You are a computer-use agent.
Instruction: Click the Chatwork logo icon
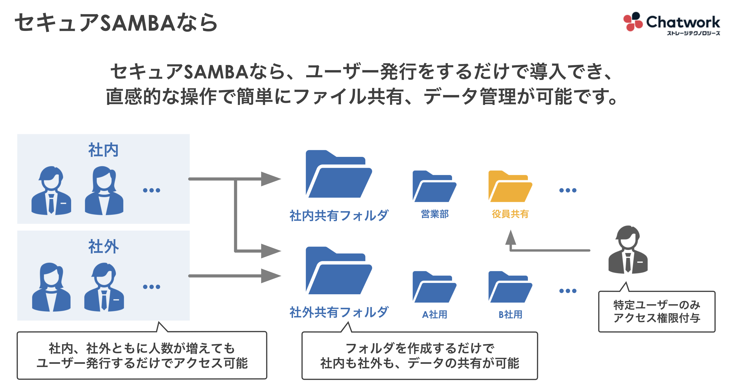pyautogui.click(x=633, y=22)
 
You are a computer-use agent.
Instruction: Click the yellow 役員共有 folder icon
pyautogui.click(x=510, y=187)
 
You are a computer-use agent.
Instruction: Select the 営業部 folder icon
pyautogui.click(x=434, y=187)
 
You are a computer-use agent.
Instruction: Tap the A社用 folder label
pyautogui.click(x=434, y=315)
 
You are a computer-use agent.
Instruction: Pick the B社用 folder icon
pyautogui.click(x=510, y=288)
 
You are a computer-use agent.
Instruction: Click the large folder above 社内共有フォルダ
pyautogui.click(x=338, y=175)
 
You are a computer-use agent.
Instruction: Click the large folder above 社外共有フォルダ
pyautogui.click(x=338, y=272)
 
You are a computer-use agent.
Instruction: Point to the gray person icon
pyautogui.click(x=628, y=250)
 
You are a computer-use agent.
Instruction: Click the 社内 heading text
pyautogui.click(x=103, y=150)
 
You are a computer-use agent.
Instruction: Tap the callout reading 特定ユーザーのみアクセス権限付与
pyautogui.click(x=656, y=311)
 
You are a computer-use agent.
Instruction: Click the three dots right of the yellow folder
pyautogui.click(x=567, y=190)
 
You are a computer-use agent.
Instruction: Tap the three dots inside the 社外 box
pyautogui.click(x=151, y=287)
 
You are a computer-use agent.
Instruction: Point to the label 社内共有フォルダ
pyautogui.click(x=338, y=216)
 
